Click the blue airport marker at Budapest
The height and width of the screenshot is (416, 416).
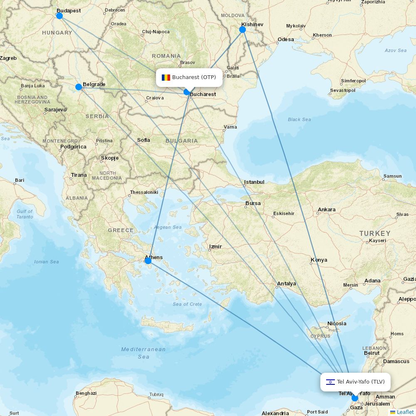point(59,16)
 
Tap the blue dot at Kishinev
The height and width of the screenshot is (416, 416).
point(243,30)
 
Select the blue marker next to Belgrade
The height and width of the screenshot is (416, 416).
point(79,87)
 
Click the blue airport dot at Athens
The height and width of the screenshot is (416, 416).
point(148,261)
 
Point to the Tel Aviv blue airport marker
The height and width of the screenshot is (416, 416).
point(354,398)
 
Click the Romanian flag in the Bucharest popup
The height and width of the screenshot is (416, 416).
point(166,77)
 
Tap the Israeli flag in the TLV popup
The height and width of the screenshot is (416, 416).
point(330,382)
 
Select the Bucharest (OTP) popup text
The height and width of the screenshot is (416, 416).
point(194,77)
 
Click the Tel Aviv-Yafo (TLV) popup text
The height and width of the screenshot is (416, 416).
point(361,382)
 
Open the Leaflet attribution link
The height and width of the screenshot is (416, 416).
point(405,412)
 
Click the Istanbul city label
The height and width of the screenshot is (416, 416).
point(254,182)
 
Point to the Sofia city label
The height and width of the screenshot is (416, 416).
point(144,140)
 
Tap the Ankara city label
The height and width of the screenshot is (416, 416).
point(327,210)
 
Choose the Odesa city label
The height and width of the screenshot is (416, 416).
point(286,40)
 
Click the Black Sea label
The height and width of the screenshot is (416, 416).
point(300,119)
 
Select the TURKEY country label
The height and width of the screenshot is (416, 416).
point(375,233)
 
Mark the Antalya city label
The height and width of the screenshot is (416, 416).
point(287,284)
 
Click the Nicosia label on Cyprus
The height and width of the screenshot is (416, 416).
point(337,324)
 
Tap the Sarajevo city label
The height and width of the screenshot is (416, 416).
point(55,110)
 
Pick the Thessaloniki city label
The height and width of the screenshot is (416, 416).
point(144,192)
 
